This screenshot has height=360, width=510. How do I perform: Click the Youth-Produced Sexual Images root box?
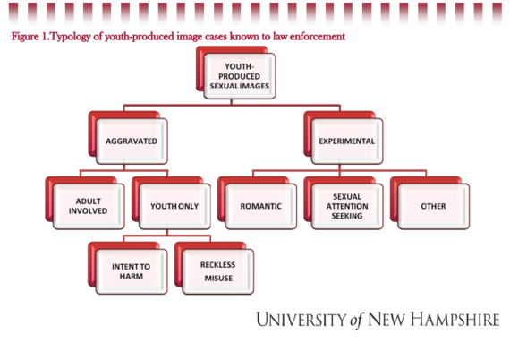(x=240, y=76)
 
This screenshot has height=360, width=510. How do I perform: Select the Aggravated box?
(x=132, y=141)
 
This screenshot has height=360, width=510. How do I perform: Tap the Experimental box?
(x=347, y=141)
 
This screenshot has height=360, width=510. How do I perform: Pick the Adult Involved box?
(x=89, y=206)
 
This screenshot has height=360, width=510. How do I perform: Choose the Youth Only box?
(x=174, y=206)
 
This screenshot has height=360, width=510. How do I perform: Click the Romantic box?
(x=261, y=206)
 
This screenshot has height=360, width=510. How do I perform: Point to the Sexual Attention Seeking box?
(x=347, y=206)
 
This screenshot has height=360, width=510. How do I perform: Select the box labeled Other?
(x=434, y=206)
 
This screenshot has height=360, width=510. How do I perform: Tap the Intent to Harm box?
(x=132, y=271)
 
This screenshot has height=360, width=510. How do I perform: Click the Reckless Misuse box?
(x=218, y=271)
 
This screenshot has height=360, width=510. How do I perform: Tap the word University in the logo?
(x=302, y=320)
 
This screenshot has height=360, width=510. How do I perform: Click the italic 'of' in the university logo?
(x=357, y=321)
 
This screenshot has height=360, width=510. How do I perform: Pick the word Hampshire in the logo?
(x=455, y=320)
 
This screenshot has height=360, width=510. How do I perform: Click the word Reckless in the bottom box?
(x=218, y=265)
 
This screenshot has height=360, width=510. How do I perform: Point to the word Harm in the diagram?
(x=132, y=277)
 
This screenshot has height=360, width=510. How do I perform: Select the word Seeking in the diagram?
(x=347, y=216)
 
